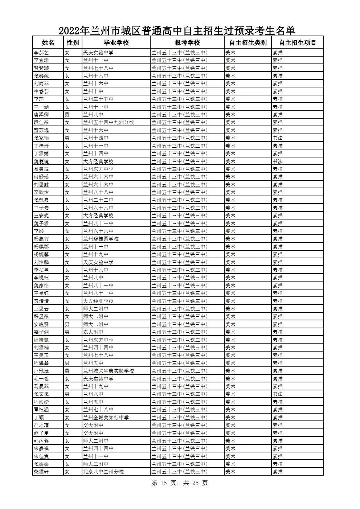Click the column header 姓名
(x=48, y=42)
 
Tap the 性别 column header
(x=73, y=42)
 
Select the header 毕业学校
(x=116, y=42)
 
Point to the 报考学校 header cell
(x=187, y=42)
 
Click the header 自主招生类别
(x=248, y=42)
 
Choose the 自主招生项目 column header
(x=298, y=42)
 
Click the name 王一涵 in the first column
(x=41, y=107)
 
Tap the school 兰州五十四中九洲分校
(x=108, y=122)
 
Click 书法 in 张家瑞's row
(x=278, y=138)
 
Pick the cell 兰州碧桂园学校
(x=101, y=239)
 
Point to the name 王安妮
(x=41, y=215)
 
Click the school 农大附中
(x=93, y=332)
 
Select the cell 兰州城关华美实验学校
(x=108, y=371)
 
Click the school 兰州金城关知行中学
(x=106, y=418)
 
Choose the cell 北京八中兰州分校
(x=103, y=472)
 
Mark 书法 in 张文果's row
(x=278, y=394)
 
